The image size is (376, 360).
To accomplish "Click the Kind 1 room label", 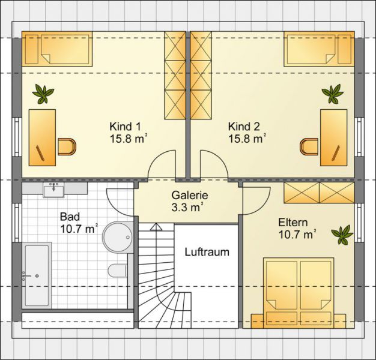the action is (x=129, y=133).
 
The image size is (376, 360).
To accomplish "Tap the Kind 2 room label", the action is (x=247, y=133).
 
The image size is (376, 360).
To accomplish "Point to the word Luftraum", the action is (x=207, y=252).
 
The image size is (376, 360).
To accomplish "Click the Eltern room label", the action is (x=296, y=229).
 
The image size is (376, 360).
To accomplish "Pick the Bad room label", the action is (x=79, y=223).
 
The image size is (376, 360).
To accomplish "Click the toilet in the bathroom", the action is (x=117, y=271).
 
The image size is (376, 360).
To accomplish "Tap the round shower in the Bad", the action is (x=118, y=237).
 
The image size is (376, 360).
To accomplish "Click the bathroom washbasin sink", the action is (x=53, y=190).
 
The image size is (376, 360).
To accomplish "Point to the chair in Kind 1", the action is (x=67, y=146).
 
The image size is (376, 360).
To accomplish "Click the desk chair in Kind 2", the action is (x=309, y=146).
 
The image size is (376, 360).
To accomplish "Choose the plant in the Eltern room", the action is (x=342, y=235).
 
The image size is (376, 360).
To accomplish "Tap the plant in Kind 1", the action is (x=43, y=94).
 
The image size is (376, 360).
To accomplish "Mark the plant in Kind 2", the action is (x=333, y=94).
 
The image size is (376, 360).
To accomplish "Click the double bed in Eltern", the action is (x=299, y=293).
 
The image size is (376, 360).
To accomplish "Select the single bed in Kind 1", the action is (x=57, y=49).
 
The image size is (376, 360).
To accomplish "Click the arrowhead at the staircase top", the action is (x=156, y=227).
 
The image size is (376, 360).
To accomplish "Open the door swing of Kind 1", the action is (x=162, y=164).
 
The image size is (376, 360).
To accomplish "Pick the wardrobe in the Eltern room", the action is (x=319, y=193).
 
